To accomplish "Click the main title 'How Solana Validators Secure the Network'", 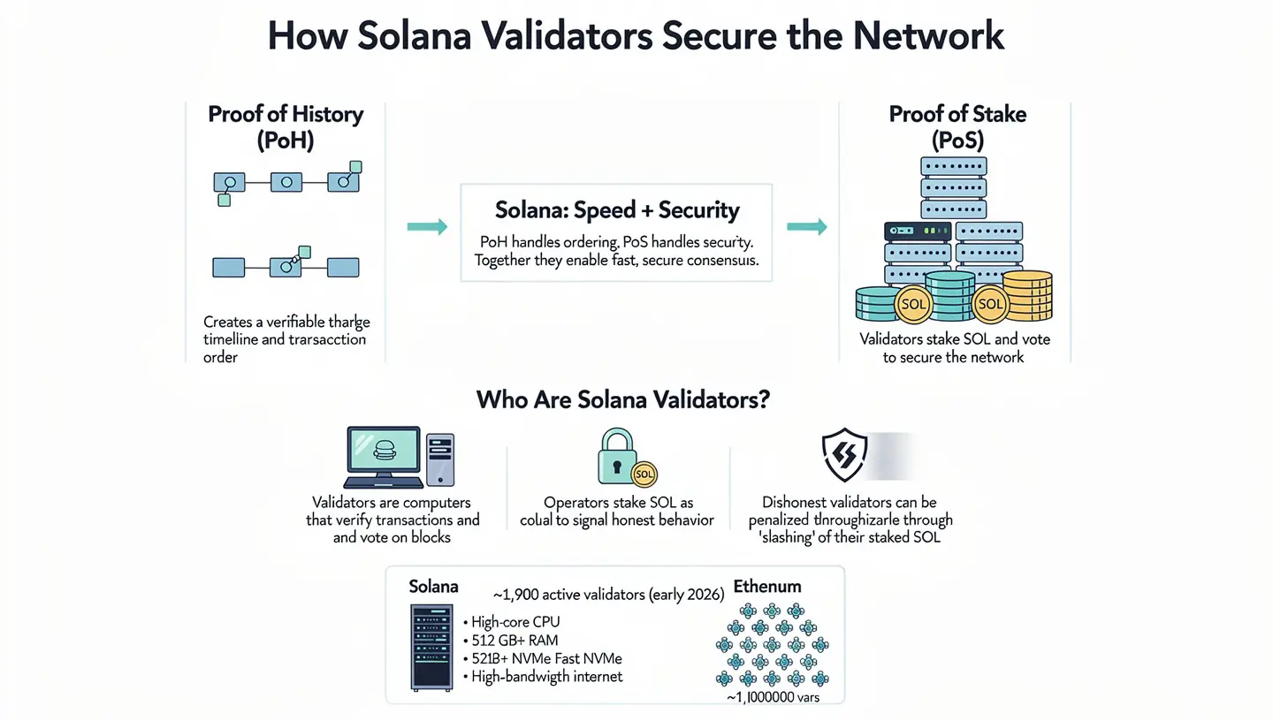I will [636, 36].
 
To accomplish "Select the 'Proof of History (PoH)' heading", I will [285, 127].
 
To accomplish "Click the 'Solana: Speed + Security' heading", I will [616, 210].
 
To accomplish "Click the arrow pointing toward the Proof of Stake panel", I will [806, 227].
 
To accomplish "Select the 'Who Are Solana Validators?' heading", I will [623, 399].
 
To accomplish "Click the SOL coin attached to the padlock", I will [644, 474].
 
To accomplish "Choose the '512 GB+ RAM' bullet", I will [514, 640].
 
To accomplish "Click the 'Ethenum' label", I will [766, 586].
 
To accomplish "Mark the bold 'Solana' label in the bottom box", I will [433, 587].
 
